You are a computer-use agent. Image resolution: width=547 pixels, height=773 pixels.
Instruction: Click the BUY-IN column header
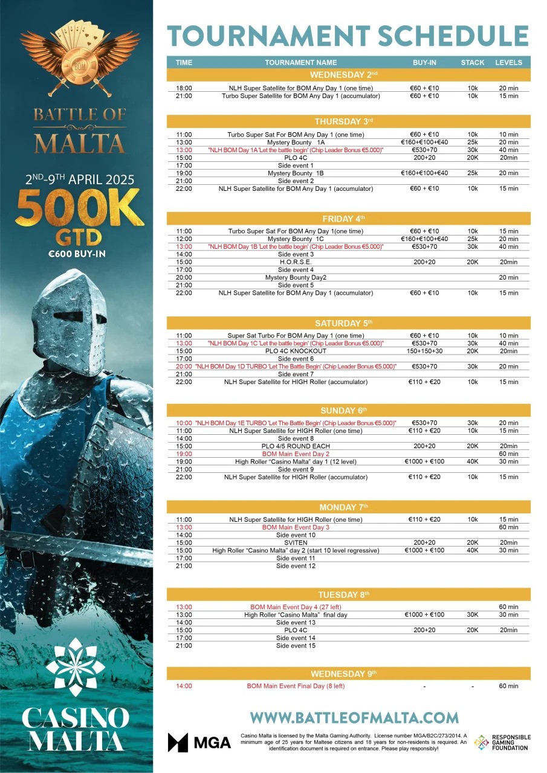(424, 62)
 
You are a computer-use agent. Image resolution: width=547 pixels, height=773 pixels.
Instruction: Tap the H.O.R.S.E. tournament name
(296, 262)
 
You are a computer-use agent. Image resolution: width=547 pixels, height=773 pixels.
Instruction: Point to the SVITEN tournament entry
(296, 542)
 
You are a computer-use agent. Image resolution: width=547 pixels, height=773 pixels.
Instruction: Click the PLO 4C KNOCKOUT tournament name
(296, 351)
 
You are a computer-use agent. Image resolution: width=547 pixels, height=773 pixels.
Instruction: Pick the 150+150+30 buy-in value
(424, 351)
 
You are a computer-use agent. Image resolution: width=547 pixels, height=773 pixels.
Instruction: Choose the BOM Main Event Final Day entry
(296, 686)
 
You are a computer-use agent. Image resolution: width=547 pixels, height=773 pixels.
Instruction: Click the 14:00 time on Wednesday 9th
(184, 686)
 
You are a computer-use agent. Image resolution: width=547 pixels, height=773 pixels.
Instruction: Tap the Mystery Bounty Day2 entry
(296, 278)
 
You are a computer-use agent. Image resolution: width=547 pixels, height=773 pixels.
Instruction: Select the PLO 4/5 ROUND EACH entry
(296, 446)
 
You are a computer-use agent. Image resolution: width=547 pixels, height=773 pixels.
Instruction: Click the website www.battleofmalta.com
(354, 717)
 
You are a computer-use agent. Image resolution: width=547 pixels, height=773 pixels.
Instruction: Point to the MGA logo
(199, 742)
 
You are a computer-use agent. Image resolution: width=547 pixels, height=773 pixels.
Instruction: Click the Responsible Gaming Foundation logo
(502, 742)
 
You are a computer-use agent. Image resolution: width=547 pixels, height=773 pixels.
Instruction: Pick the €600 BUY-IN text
(77, 254)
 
